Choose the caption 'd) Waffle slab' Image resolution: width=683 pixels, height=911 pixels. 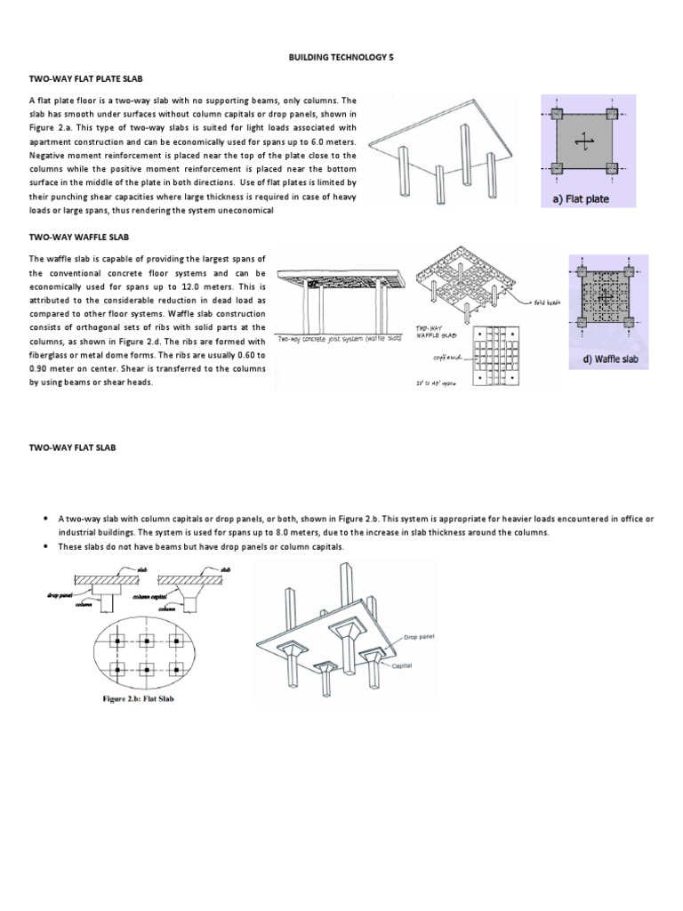[x=610, y=361]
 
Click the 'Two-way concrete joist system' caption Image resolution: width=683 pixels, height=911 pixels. [x=339, y=339]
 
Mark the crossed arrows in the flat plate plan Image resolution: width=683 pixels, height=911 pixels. [x=583, y=141]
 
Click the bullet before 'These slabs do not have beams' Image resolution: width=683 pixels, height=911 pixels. [x=44, y=546]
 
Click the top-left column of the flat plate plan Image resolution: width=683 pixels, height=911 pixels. [x=556, y=114]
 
